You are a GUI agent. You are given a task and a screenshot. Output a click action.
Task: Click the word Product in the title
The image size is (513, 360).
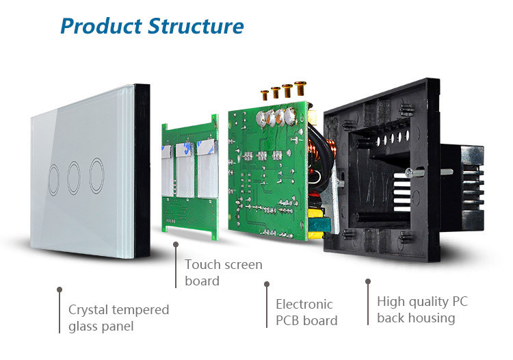pyautogui.click(x=99, y=26)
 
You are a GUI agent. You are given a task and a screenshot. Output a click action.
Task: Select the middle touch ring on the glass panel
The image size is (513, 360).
pyautogui.click(x=74, y=175)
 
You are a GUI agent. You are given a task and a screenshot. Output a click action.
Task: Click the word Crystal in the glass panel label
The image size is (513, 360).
pyautogui.click(x=89, y=310)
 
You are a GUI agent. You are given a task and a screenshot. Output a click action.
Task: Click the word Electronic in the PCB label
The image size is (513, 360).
pyautogui.click(x=304, y=304)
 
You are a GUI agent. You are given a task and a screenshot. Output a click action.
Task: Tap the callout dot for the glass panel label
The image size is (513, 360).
pyautogui.click(x=60, y=290)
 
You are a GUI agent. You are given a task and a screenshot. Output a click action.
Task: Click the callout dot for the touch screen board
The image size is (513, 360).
pyautogui.click(x=176, y=244)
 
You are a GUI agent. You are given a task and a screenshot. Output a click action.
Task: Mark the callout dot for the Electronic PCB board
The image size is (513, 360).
pyautogui.click(x=266, y=283)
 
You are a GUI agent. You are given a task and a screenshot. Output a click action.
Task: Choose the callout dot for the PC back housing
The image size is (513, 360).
pyautogui.click(x=367, y=281)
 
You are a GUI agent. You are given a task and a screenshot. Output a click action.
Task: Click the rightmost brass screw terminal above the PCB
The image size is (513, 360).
pyautogui.click(x=300, y=88)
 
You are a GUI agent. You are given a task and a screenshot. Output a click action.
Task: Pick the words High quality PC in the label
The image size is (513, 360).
pyautogui.click(x=423, y=302)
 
